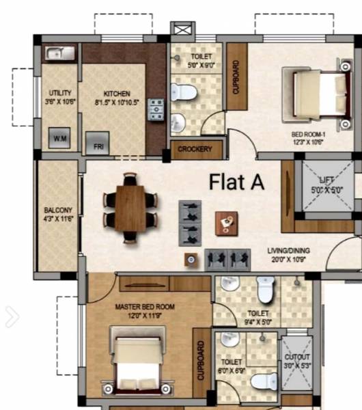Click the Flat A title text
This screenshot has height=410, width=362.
pos(236,182)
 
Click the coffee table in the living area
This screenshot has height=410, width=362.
pos(225,222)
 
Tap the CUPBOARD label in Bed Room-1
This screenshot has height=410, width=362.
pos(236,77)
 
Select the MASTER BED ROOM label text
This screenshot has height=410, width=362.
pos(145,307)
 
